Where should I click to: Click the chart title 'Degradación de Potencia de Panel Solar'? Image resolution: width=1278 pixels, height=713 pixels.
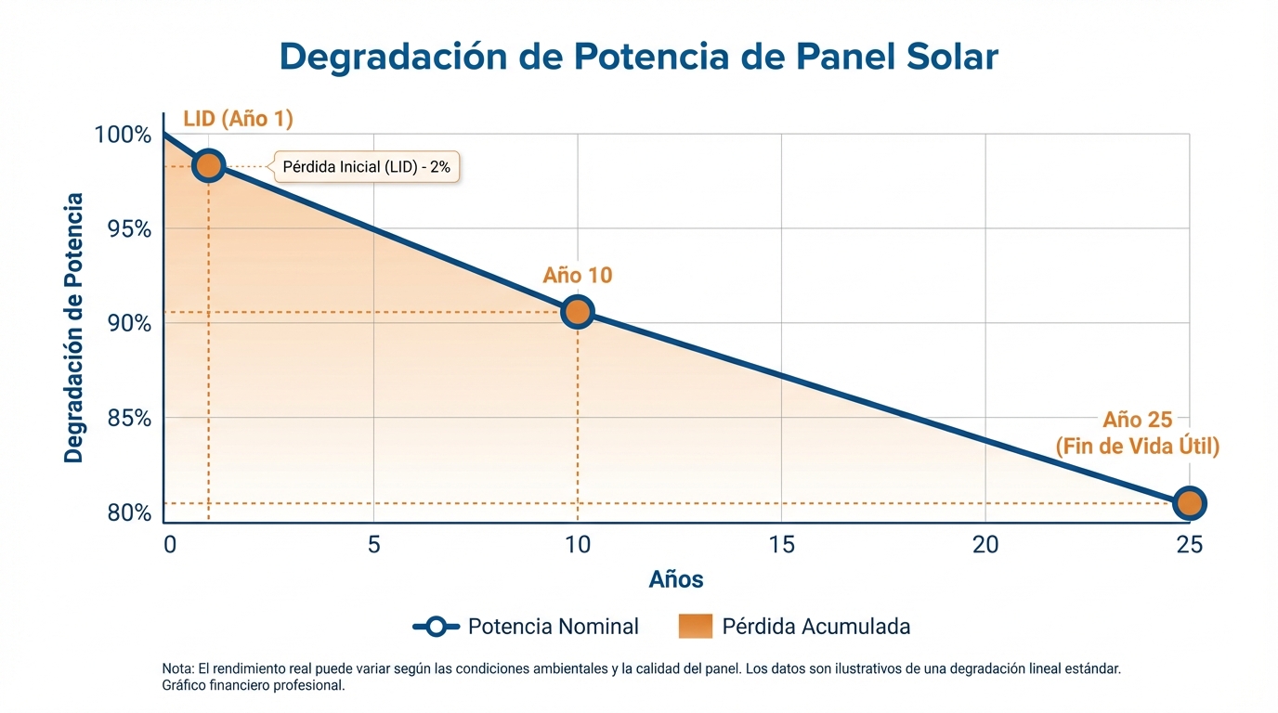pos(638,58)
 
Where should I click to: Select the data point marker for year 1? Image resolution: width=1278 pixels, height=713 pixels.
pos(208,166)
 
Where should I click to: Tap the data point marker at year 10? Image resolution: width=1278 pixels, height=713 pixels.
pos(578,312)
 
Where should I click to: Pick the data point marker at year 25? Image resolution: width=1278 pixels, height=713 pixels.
pos(1189,503)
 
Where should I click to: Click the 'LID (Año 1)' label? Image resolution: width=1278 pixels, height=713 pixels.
pos(238,119)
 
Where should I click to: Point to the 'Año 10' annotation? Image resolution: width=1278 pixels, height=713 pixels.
pos(578,276)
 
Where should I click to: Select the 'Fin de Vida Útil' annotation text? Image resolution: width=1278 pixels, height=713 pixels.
pos(1137,447)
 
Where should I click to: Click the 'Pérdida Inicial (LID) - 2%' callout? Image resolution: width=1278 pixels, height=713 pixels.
pos(366,167)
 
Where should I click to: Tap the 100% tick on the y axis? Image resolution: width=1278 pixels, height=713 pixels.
pos(123,136)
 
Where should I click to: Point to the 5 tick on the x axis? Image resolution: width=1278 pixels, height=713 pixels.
pos(373,545)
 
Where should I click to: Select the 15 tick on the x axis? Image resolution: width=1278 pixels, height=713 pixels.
pos(782,545)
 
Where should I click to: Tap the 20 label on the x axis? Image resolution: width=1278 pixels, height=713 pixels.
pos(985,545)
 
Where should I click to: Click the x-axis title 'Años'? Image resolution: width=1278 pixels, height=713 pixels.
pos(676,580)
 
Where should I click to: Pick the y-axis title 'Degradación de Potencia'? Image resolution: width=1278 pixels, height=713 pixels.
pos(74,328)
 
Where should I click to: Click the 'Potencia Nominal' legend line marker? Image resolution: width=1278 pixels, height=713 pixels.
pos(436,627)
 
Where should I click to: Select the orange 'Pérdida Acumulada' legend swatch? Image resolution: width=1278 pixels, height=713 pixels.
pos(695,627)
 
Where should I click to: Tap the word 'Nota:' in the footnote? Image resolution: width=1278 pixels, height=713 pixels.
pos(178,668)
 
